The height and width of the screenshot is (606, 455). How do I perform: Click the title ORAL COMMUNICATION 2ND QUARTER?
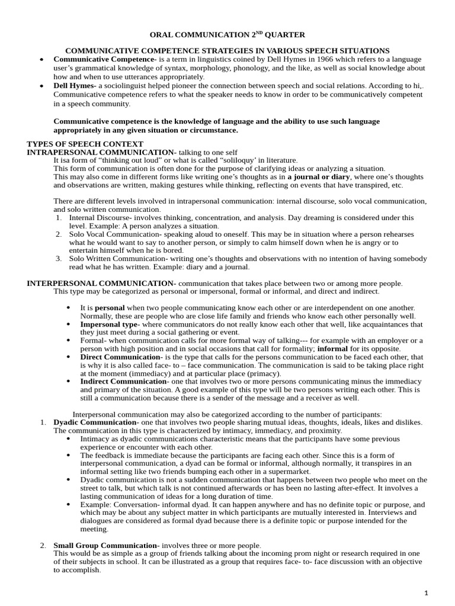pos(227,35)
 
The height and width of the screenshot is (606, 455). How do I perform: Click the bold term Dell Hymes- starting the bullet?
pos(75,86)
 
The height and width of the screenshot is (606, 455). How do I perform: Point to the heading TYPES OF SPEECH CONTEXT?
pos(85,144)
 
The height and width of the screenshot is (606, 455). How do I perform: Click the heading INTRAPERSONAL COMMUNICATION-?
pos(101,152)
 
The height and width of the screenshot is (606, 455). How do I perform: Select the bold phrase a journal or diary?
pos(319,177)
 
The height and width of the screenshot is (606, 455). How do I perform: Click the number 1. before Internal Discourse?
pos(59,218)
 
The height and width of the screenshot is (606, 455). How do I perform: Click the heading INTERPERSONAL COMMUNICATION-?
pos(101,283)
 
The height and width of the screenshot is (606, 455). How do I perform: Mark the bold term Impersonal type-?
pos(110,324)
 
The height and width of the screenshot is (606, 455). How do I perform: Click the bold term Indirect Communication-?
pos(121,382)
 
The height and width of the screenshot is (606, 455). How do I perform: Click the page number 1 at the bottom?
pos(426,593)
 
